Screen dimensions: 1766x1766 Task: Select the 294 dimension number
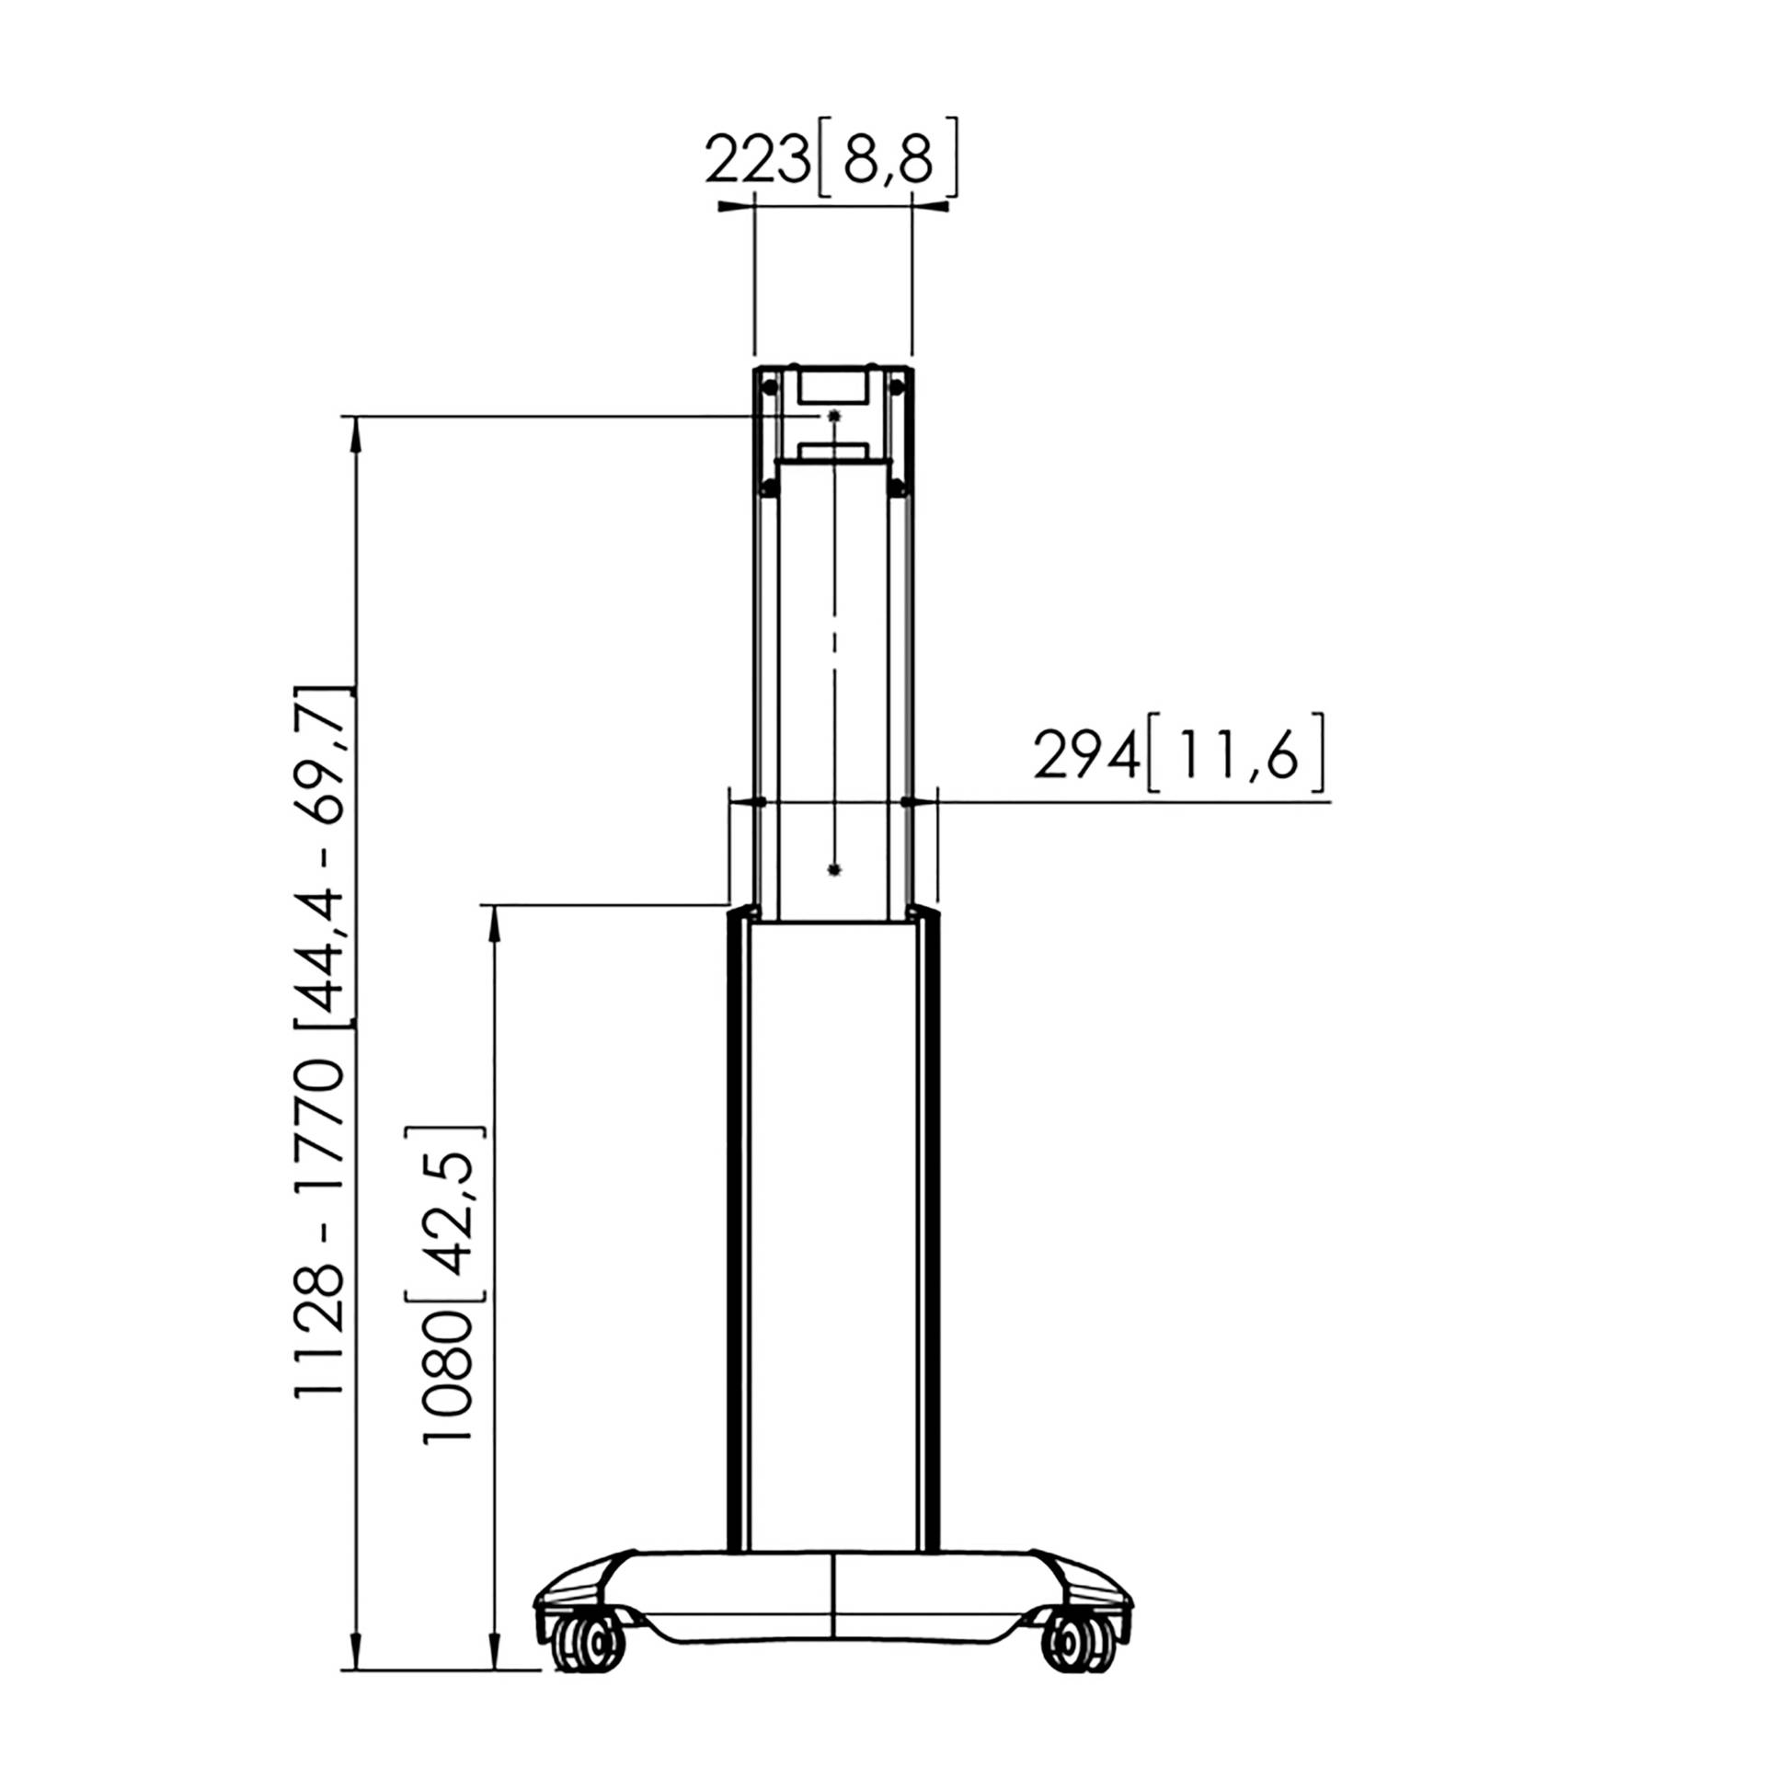point(1086,759)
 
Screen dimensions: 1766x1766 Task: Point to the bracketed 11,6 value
point(1236,759)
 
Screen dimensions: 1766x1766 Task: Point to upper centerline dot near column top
point(833,417)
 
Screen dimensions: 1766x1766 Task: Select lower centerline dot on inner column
point(833,869)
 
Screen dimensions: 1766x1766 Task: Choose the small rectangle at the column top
point(832,385)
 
